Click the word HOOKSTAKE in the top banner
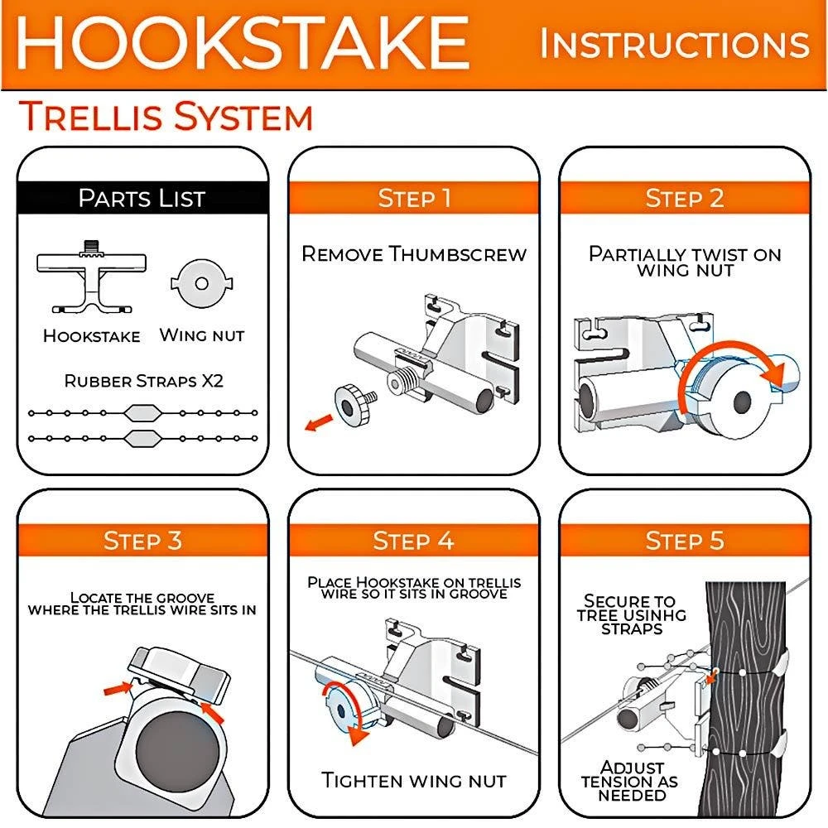click(x=243, y=43)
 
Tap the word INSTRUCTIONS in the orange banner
click(x=674, y=45)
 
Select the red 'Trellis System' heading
click(x=166, y=116)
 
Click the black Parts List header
click(x=142, y=198)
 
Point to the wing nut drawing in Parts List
click(x=202, y=283)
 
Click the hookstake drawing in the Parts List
click(x=91, y=277)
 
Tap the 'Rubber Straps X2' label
click(x=143, y=381)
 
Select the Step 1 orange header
click(x=414, y=198)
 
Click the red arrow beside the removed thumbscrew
click(x=319, y=422)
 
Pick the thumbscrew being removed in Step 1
click(x=355, y=404)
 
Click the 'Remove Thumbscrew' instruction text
click(x=414, y=254)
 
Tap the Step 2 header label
click(x=685, y=198)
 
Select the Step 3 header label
click(x=142, y=540)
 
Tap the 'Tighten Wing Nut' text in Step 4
click(x=414, y=781)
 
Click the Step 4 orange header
click(x=414, y=540)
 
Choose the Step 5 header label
click(x=685, y=540)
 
